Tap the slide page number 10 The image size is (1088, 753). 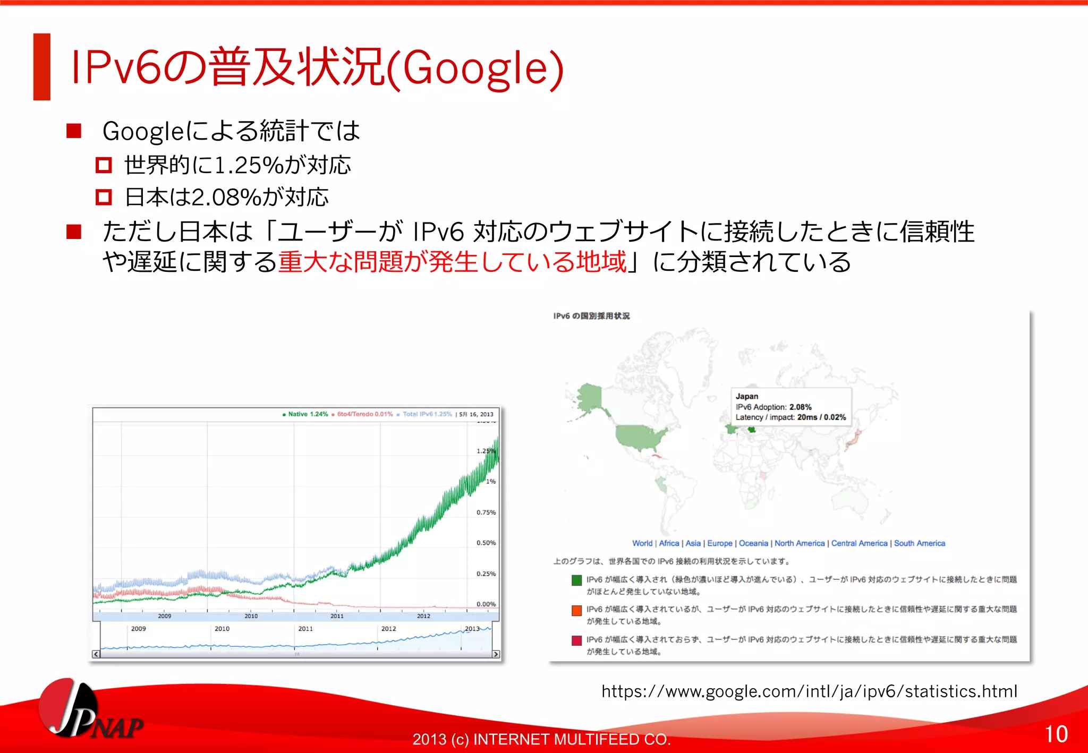pyautogui.click(x=1056, y=734)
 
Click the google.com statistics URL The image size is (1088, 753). pyautogui.click(x=809, y=691)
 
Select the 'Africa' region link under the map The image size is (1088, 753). pyautogui.click(x=669, y=543)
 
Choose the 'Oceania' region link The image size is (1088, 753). pyautogui.click(x=753, y=543)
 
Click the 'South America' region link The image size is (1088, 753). pyautogui.click(x=920, y=543)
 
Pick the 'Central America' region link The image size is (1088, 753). pyautogui.click(x=859, y=543)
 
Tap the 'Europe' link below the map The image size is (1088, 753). pyautogui.click(x=720, y=543)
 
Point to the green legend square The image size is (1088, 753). pyautogui.click(x=576, y=580)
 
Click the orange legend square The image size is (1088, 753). pyautogui.click(x=576, y=610)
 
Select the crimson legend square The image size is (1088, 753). pyautogui.click(x=576, y=640)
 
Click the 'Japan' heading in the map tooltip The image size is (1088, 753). pyautogui.click(x=747, y=396)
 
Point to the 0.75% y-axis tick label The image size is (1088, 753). pyautogui.click(x=486, y=512)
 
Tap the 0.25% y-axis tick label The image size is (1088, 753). pyautogui.click(x=486, y=574)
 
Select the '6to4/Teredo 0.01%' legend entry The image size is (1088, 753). pyautogui.click(x=364, y=414)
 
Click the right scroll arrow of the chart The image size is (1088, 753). pyautogui.click(x=496, y=654)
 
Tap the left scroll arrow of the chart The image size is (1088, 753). pyautogui.click(x=96, y=654)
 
